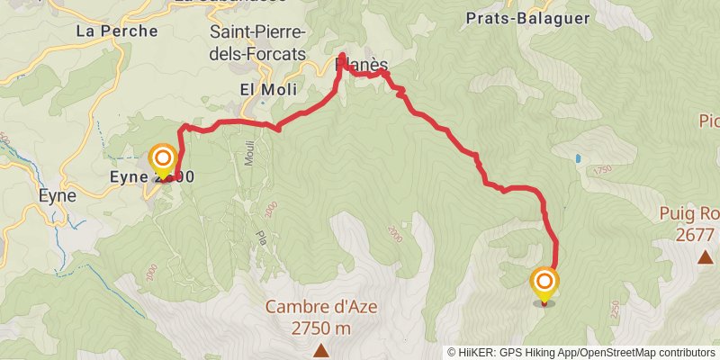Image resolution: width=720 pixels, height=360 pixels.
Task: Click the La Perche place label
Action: (117, 31)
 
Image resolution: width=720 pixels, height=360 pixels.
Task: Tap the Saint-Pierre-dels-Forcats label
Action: (257, 42)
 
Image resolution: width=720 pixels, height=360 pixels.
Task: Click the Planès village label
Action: (362, 65)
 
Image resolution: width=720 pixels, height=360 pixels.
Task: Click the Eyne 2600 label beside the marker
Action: (151, 177)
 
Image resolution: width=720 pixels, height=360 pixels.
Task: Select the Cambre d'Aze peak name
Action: (321, 307)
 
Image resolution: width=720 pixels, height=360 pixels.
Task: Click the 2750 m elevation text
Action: (321, 328)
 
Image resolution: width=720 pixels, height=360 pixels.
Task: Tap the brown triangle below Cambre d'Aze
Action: (321, 350)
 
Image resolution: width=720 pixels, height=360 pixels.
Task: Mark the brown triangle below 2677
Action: (706, 257)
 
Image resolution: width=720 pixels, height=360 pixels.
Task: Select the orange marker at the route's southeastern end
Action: (544, 283)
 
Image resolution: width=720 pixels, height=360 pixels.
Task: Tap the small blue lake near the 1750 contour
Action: (577, 158)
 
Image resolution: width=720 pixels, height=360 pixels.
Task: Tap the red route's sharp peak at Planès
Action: (342, 56)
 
